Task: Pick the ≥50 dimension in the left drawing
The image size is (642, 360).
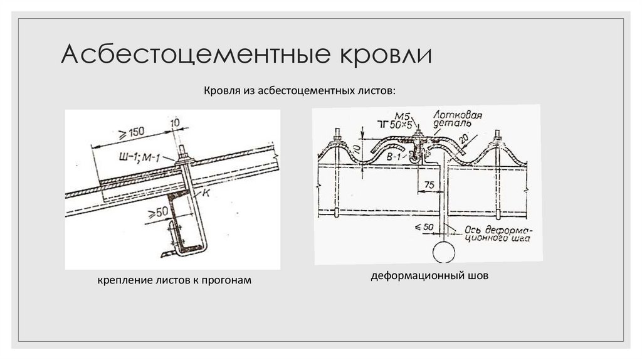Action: [157, 211]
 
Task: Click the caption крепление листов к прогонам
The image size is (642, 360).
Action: [174, 280]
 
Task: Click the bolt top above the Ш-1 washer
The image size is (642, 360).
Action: [186, 151]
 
